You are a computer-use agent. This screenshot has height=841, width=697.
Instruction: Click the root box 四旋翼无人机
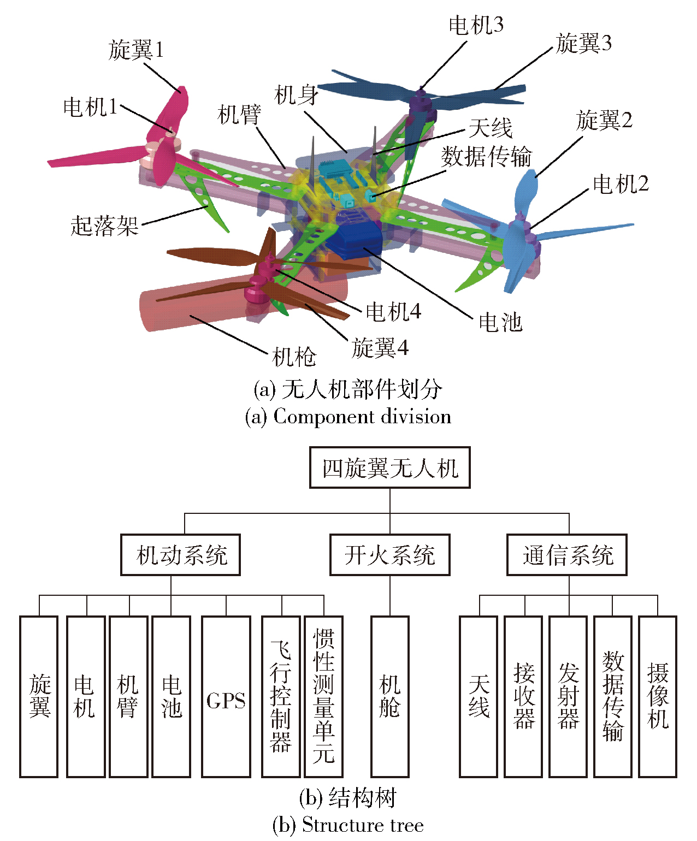[x=389, y=467]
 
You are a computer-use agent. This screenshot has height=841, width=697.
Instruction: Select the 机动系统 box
[x=180, y=555]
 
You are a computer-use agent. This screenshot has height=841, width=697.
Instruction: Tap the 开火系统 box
[x=389, y=555]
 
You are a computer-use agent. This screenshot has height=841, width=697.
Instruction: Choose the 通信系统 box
[x=566, y=555]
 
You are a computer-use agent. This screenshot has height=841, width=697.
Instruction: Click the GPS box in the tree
[x=226, y=697]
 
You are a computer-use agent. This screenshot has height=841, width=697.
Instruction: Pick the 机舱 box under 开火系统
[x=389, y=697]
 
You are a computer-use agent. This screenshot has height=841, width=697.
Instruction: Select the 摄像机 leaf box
[x=657, y=697]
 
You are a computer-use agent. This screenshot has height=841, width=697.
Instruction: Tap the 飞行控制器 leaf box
[x=281, y=697]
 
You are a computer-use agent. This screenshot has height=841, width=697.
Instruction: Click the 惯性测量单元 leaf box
[x=323, y=697]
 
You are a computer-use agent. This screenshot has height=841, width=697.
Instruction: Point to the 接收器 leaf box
[x=523, y=697]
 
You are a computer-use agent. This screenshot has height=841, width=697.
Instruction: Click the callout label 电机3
[x=476, y=25]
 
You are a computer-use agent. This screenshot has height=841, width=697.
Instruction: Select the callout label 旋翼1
[x=136, y=50]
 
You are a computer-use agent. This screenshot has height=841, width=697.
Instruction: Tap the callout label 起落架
[x=104, y=226]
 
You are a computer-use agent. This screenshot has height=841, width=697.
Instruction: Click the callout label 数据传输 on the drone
[x=486, y=157]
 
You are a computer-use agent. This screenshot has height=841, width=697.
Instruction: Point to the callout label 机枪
[x=294, y=358]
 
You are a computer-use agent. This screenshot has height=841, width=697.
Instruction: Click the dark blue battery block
[x=358, y=240]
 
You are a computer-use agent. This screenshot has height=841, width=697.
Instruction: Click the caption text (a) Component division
[x=348, y=417]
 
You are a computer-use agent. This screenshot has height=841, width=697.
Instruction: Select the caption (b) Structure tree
[x=348, y=825]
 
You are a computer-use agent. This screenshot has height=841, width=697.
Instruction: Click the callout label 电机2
[x=621, y=185]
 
